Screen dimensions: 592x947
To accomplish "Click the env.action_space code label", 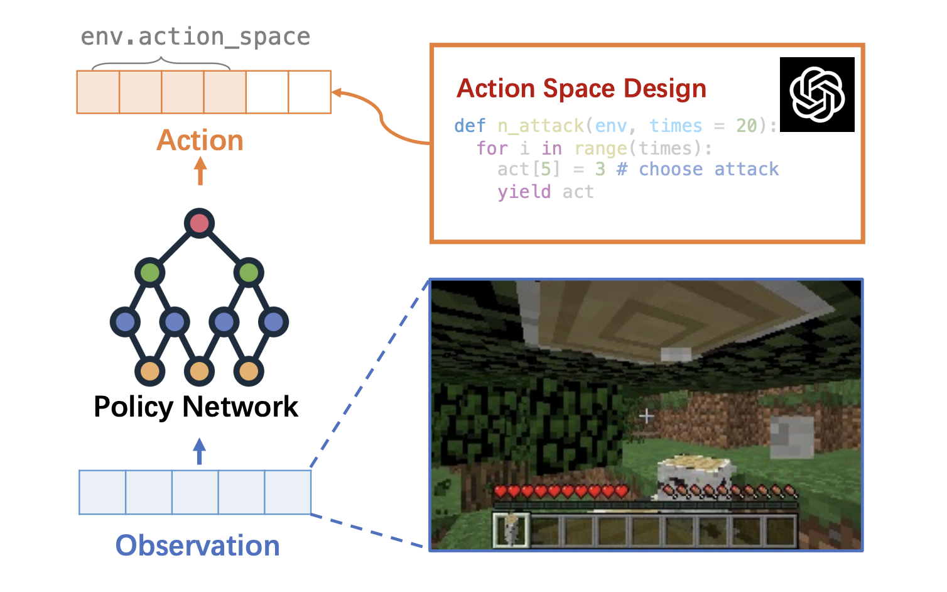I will point(195,37).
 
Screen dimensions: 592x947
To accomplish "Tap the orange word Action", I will point(200,140).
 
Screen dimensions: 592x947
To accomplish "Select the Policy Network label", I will point(195,407).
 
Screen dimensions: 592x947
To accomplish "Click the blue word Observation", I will point(197,545).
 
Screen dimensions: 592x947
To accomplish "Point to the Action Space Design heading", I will point(582,89).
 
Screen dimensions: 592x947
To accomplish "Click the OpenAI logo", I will point(816,94).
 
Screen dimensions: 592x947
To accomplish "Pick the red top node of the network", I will point(200,223).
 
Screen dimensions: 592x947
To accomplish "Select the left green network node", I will point(150,273).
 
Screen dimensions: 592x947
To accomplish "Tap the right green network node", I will point(249,273).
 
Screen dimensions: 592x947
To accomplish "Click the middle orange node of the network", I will point(199,371).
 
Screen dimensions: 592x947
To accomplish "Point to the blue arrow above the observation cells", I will point(199,451).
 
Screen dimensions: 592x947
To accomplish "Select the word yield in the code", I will point(524,192).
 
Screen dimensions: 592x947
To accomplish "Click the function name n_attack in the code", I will point(541,126).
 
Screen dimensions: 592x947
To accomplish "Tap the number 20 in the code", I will point(747,126).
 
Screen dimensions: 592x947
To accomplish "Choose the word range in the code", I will point(601,148).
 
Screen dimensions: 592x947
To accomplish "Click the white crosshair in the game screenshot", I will point(646,416).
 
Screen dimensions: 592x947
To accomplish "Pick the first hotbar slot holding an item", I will point(511,529).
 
